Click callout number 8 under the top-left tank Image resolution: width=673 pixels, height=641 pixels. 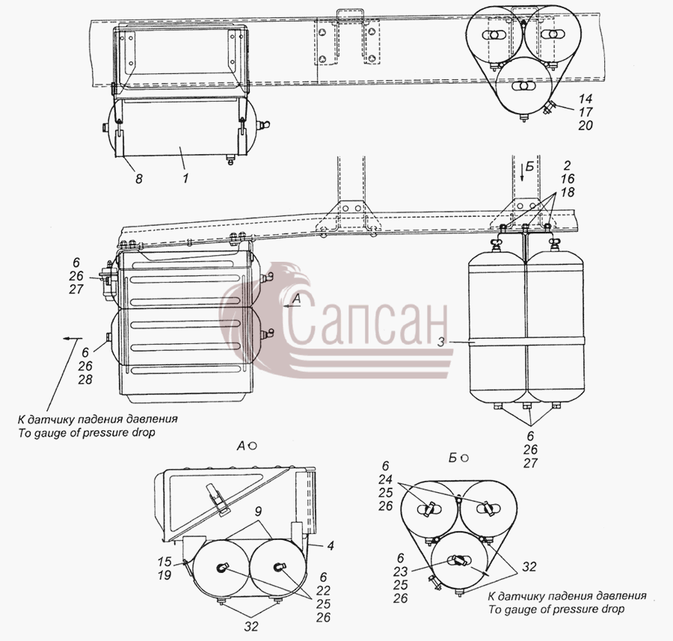pos(138,178)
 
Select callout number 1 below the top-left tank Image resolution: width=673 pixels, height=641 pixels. pos(185,178)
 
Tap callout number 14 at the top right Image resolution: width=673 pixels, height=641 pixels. pos(585,99)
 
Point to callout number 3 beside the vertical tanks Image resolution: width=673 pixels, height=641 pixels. pos(440,330)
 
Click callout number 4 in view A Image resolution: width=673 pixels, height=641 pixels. pos(330,546)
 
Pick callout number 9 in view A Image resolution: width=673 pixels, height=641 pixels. pos(258,512)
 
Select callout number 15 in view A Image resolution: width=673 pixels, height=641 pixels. pos(165,562)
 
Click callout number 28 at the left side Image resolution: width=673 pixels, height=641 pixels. pos(85,379)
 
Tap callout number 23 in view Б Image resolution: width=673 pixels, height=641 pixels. pos(401,571)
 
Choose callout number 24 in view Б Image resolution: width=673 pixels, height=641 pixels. pos(385,479)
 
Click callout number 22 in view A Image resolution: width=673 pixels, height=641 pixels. pos(323,590)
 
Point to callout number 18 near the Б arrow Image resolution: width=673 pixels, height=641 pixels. pos(567,192)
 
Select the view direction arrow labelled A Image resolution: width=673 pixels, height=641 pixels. pos(292,306)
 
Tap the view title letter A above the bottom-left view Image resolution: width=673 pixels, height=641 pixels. pos(241,447)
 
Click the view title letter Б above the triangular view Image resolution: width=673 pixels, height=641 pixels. pos(452,458)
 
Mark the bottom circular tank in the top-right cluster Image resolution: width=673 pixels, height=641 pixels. pos(523,88)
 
